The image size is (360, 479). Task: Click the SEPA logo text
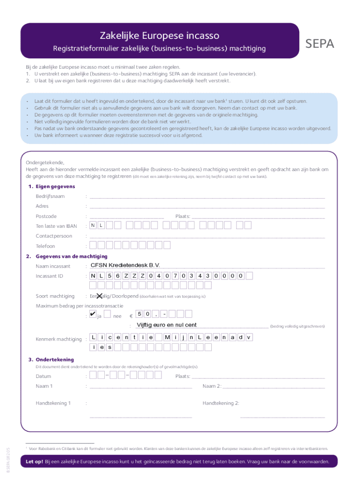tap(320, 44)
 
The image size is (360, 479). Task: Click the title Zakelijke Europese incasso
tap(159, 36)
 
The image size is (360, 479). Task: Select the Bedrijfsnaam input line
tap(207, 196)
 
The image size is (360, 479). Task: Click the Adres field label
tap(42, 206)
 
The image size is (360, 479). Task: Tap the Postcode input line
tap(126, 217)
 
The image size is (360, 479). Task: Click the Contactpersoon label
tap(54, 236)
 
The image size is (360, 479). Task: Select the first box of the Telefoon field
tap(94, 245)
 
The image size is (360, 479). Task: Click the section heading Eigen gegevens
tap(52, 187)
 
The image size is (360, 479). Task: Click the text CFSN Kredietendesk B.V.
tap(125, 266)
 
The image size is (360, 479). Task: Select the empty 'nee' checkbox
tap(108, 314)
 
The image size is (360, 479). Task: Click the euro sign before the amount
tap(130, 316)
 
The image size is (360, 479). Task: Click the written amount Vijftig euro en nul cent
tap(166, 325)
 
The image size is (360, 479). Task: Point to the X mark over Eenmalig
tap(99, 295)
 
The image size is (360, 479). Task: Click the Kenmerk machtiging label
tap(58, 339)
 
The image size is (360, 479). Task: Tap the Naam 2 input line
tap(274, 386)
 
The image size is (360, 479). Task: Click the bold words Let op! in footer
tap(34, 462)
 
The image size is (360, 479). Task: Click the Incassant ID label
tap(50, 276)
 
